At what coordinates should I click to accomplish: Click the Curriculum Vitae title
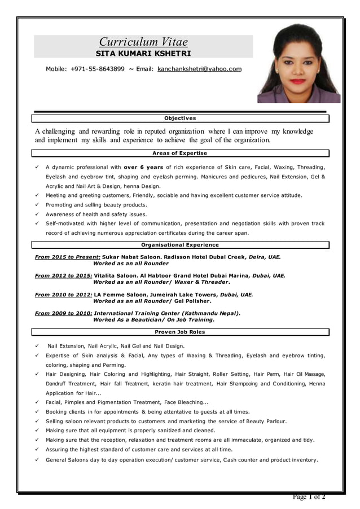tap(143, 41)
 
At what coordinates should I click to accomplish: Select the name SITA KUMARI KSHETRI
tap(143, 54)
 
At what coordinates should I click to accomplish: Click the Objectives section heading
tap(180, 119)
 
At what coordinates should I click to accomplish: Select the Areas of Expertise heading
tap(180, 153)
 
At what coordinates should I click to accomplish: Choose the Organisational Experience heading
tap(180, 245)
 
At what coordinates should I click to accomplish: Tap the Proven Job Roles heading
tap(180, 332)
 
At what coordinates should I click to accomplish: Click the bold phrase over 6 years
tap(143, 167)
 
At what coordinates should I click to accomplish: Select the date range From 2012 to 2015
tap(64, 276)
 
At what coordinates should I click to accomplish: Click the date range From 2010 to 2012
tap(64, 295)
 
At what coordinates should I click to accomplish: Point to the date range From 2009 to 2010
tap(64, 313)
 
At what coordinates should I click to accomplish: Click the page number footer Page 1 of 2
tap(309, 497)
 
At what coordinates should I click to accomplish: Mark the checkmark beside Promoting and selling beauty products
tap(36, 205)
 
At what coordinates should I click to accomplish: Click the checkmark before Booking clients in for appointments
tap(36, 412)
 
